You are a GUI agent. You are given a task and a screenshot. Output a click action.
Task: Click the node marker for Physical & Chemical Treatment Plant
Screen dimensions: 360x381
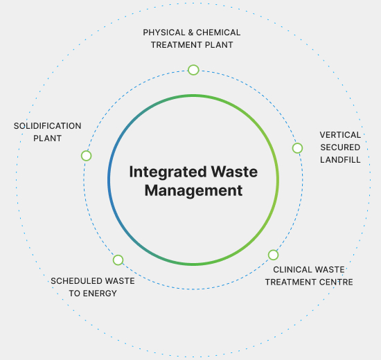coord(193,70)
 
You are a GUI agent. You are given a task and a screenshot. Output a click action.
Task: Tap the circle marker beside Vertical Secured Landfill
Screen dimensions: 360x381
coord(297,148)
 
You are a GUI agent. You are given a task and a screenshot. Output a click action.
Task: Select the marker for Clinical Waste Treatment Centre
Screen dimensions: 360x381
coord(274,255)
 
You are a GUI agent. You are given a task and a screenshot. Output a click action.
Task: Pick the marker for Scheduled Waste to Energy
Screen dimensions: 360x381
coord(118,260)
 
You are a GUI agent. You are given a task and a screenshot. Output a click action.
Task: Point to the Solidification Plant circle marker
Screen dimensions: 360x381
coord(86,156)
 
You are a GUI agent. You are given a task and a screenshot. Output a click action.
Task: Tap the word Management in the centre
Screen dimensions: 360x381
coord(193,190)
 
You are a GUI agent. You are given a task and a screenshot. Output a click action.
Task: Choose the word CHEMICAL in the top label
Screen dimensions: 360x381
coord(220,33)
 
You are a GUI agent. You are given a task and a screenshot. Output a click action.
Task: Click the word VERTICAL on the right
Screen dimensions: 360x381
coord(340,134)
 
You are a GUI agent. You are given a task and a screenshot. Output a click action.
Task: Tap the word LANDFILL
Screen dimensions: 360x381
coord(340,159)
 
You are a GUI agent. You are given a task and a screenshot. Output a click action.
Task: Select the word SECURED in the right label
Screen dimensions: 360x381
coord(340,147)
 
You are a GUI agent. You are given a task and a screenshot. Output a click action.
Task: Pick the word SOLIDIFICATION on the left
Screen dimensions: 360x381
coord(48,126)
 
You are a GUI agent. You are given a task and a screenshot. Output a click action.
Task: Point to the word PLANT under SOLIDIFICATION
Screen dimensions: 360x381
coord(48,138)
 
